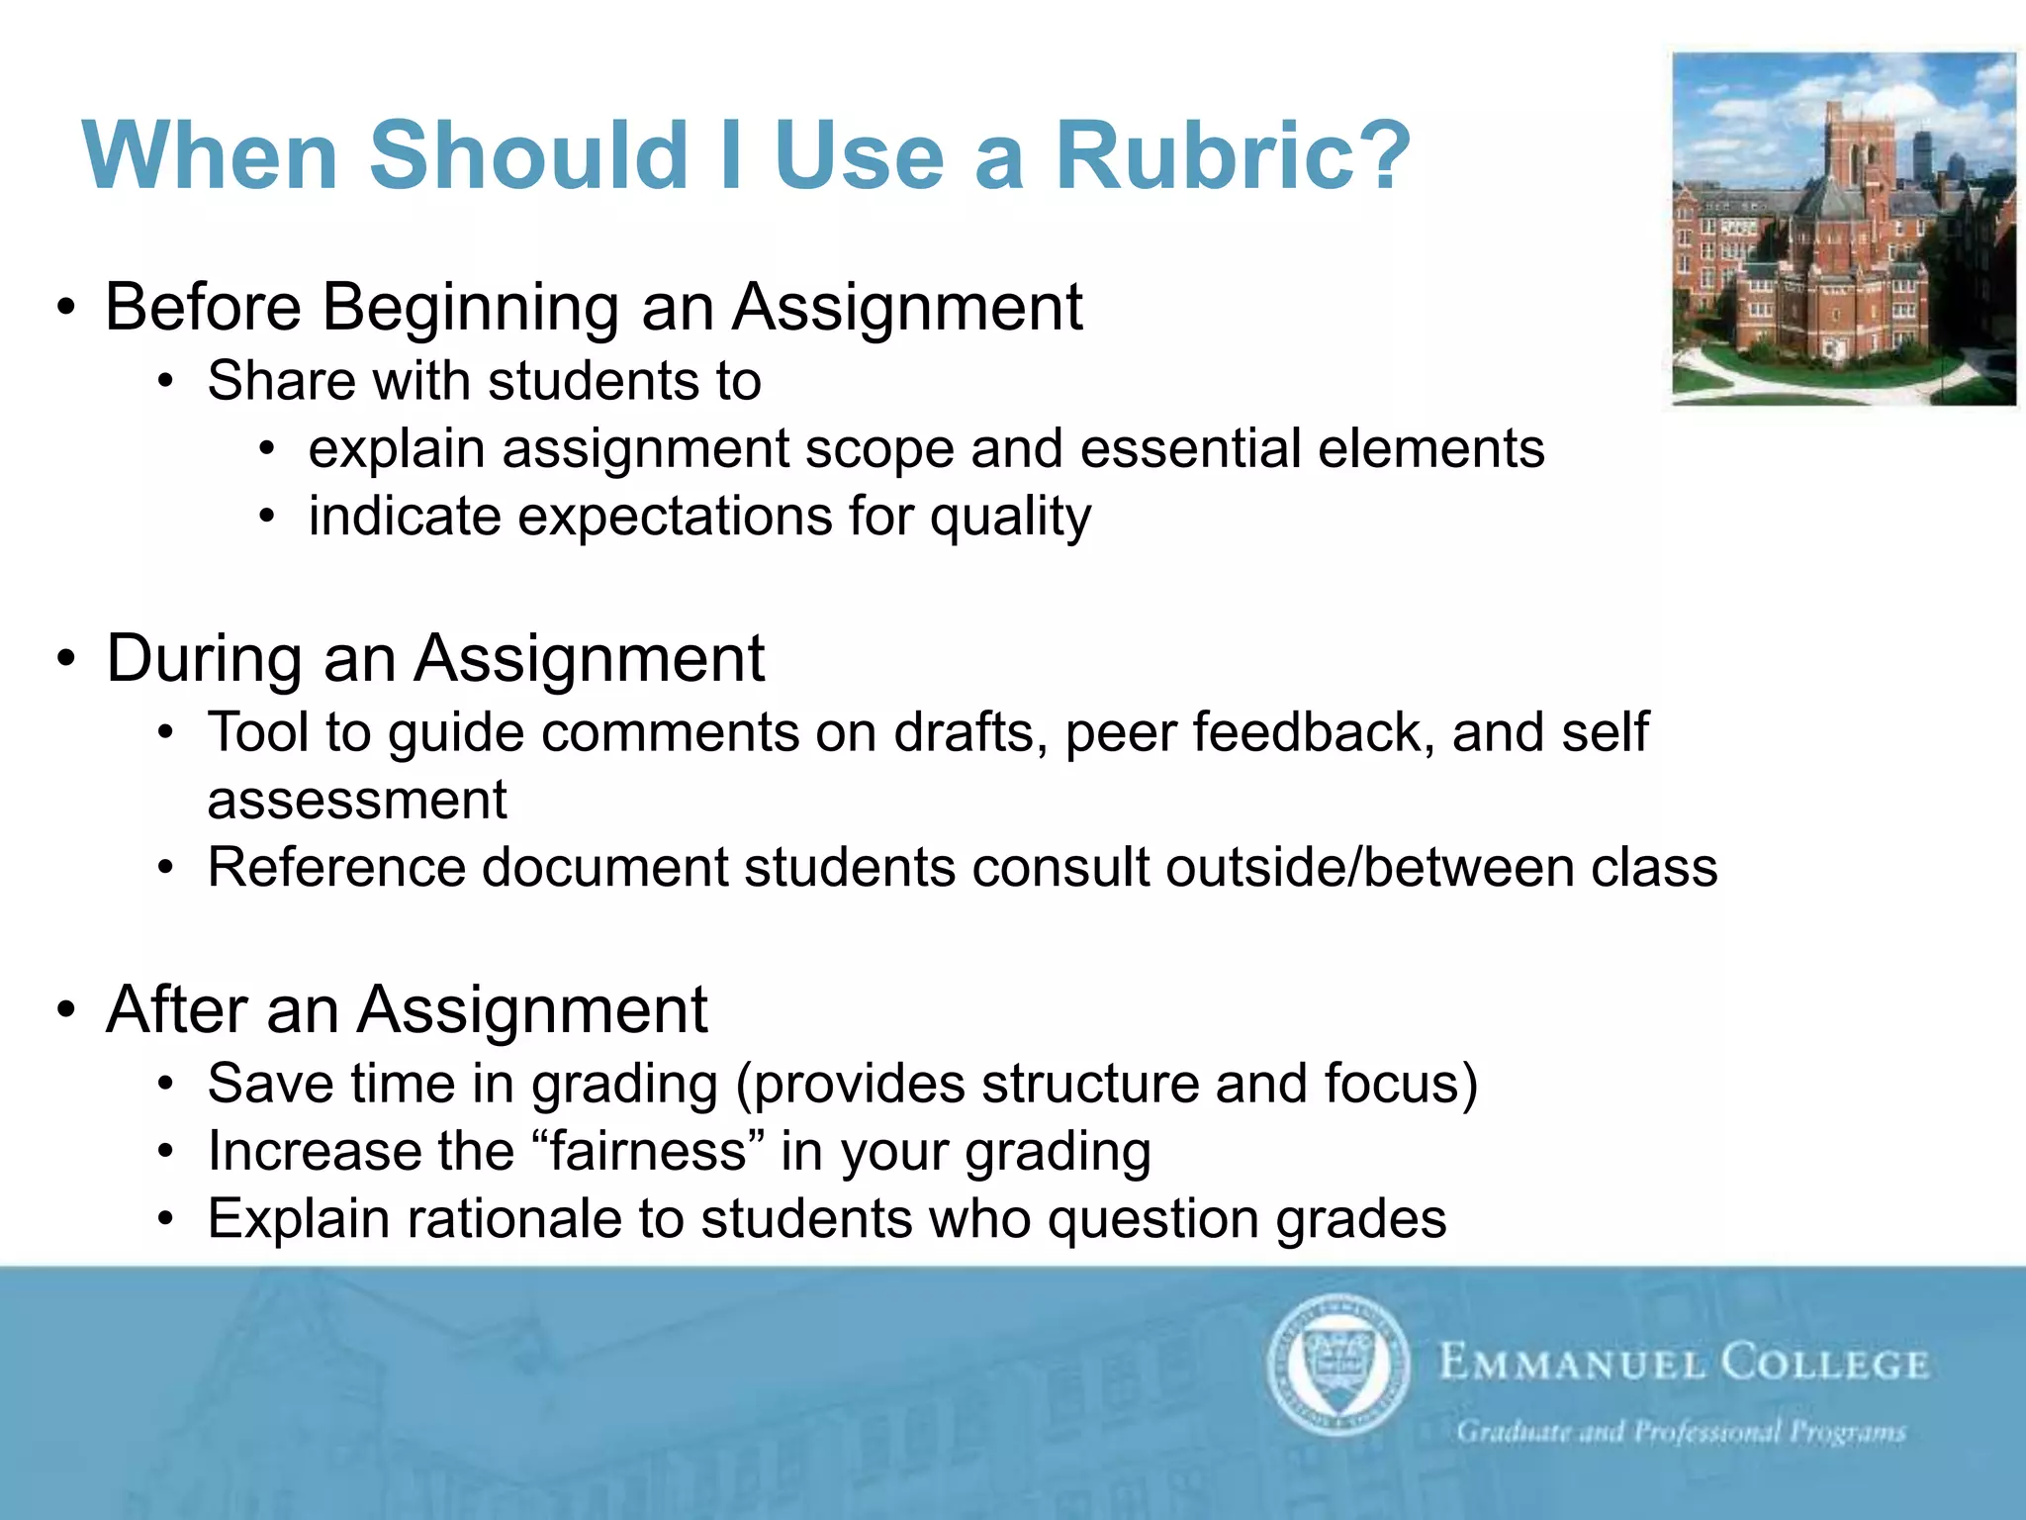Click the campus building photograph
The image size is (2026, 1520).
pos(1843,229)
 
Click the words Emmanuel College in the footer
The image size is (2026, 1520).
pos(1683,1364)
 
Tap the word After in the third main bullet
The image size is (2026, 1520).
pos(176,1009)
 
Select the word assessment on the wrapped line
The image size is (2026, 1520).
pos(356,801)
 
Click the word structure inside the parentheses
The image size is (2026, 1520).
pos(1090,1085)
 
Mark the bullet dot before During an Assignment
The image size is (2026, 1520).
pos(66,658)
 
